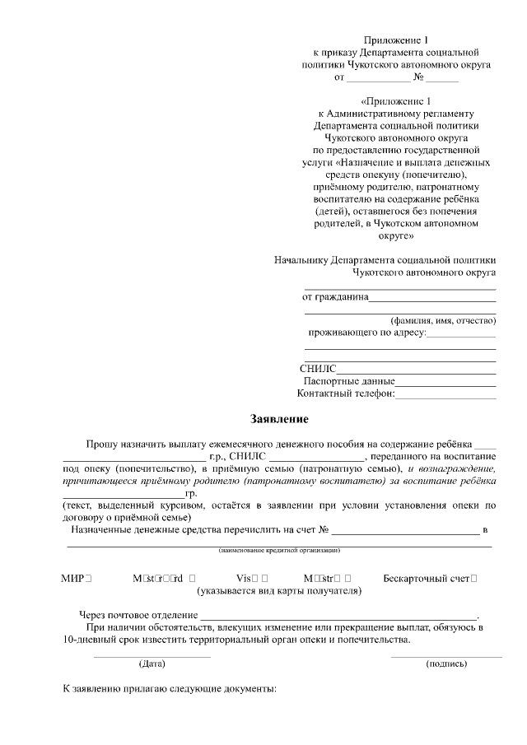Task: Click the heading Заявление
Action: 280,419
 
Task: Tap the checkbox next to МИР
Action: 88,579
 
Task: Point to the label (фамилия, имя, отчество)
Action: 442,320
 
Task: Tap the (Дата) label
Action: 152,663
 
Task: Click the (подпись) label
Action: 446,663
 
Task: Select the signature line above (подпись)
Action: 446,656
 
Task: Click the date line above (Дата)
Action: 152,656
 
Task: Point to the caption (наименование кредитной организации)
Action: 279,550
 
